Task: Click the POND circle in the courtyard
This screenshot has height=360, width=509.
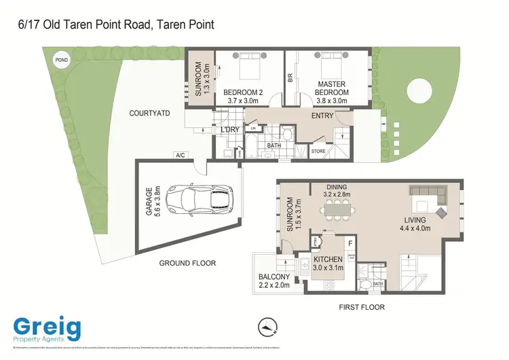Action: click(x=60, y=60)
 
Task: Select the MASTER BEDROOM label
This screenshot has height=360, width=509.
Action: click(x=333, y=88)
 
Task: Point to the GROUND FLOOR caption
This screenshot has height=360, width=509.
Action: click(x=187, y=263)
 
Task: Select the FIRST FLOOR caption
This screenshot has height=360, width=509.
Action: click(x=362, y=307)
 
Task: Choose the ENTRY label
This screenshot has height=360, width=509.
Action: click(x=322, y=116)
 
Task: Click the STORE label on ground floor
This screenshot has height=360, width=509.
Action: click(x=318, y=151)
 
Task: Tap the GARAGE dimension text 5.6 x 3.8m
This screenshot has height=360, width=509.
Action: click(x=157, y=201)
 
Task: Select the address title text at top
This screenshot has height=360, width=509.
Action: click(x=115, y=24)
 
